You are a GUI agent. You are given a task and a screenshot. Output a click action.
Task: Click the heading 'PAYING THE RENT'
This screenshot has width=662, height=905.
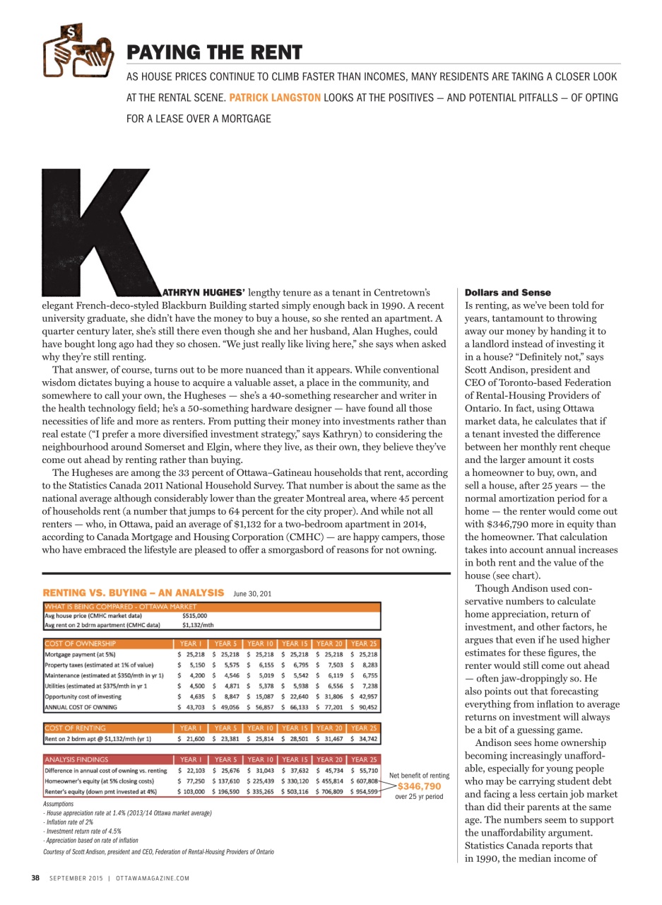click(214, 52)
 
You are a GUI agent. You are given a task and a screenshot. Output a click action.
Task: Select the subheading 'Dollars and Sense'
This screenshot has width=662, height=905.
click(507, 293)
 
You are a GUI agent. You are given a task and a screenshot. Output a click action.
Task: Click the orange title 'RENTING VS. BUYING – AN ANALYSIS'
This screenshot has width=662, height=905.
click(134, 592)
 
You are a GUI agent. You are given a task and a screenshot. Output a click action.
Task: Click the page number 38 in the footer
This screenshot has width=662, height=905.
click(35, 878)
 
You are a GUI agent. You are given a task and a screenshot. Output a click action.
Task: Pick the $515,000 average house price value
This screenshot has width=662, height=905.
click(194, 615)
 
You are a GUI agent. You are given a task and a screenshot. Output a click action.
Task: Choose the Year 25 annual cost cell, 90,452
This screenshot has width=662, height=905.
click(364, 706)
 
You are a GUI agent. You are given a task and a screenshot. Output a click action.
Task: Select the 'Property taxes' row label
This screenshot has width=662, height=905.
click(99, 665)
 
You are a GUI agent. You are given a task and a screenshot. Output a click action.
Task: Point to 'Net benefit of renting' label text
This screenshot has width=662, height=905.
click(419, 776)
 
